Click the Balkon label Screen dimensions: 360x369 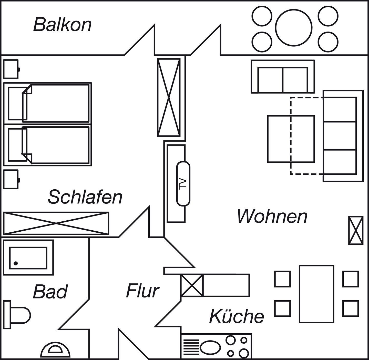click(62, 25)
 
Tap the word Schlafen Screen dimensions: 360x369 click(85, 197)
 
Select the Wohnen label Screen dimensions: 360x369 click(272, 216)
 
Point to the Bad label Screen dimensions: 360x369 click(50, 292)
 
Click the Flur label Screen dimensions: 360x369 click(142, 291)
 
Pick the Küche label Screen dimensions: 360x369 click(237, 316)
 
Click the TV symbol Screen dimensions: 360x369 click(183, 183)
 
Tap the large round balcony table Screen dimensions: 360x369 click(294, 27)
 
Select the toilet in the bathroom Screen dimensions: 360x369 click(18, 314)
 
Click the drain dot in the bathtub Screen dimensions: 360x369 click(16, 263)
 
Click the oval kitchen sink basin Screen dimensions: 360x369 click(210, 347)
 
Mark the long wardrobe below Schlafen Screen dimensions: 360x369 click(56, 223)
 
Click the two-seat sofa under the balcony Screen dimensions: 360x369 click(283, 77)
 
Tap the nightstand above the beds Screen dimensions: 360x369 click(11, 69)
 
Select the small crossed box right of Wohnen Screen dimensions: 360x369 click(356, 230)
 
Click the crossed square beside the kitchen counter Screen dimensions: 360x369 click(192, 285)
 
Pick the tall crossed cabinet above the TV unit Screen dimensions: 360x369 click(169, 97)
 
